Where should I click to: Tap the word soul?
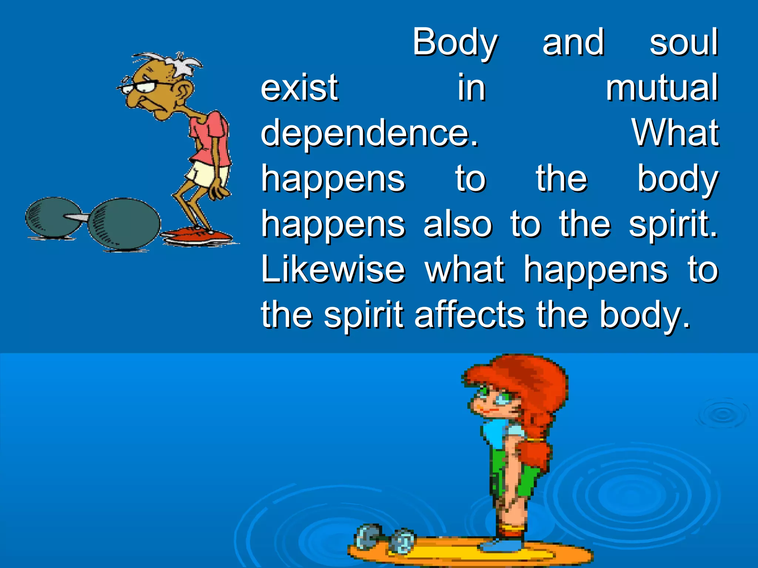pos(684,43)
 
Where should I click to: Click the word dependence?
pos(369,134)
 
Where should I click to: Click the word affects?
pos(469,315)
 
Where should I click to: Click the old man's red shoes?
pos(196,235)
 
